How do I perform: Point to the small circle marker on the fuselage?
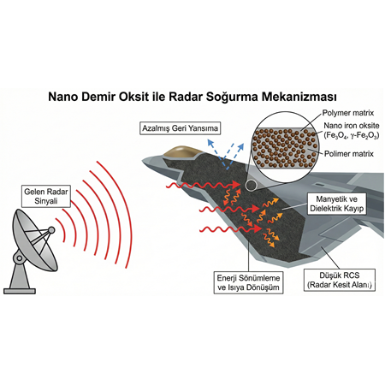click(250, 184)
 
